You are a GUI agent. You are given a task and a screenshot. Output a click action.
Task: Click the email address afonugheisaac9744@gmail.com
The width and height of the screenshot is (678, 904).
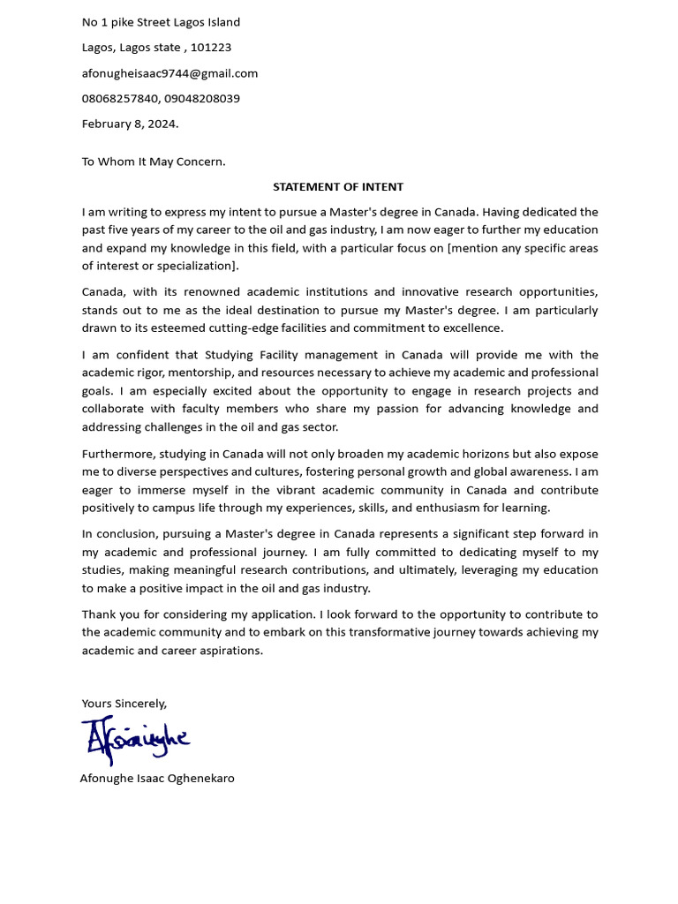click(x=169, y=73)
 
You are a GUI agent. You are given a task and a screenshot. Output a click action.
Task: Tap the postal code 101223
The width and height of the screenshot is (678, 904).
click(x=211, y=48)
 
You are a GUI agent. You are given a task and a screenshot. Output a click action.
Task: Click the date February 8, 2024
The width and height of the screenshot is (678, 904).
click(x=130, y=124)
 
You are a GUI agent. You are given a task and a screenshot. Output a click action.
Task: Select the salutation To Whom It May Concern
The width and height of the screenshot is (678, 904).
click(x=154, y=162)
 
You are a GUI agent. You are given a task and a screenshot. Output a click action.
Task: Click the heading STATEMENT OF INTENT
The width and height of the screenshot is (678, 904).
click(x=338, y=187)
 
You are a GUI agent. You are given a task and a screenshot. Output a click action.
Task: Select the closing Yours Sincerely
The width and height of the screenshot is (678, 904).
click(x=124, y=704)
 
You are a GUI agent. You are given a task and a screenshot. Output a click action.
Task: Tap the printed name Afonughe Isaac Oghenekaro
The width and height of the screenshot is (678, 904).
click(x=157, y=779)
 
